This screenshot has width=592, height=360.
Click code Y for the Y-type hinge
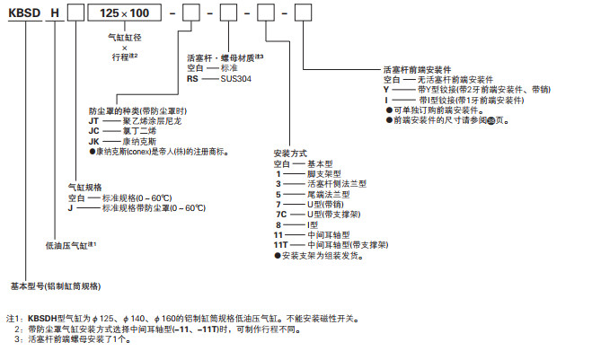[x=385, y=90]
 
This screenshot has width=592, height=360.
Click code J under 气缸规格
[x=69, y=208]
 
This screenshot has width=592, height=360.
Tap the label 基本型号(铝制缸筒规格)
[x=56, y=285]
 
